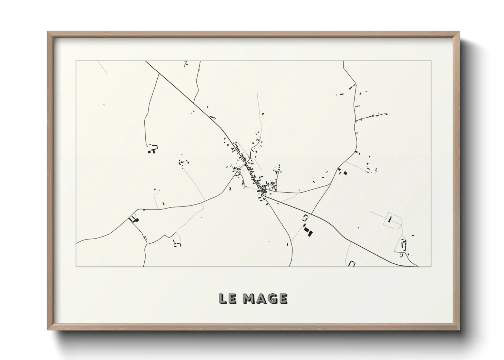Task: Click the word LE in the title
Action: [x=227, y=298]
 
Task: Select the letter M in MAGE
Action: [x=250, y=298]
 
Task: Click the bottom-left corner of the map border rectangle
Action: [x=76, y=266]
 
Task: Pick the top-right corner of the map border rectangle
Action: [x=431, y=61]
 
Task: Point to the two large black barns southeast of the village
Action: [x=308, y=231]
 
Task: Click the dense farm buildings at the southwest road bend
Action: [x=134, y=219]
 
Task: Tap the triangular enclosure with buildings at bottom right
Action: [x=403, y=245]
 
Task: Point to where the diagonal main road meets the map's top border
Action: [x=146, y=61]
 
